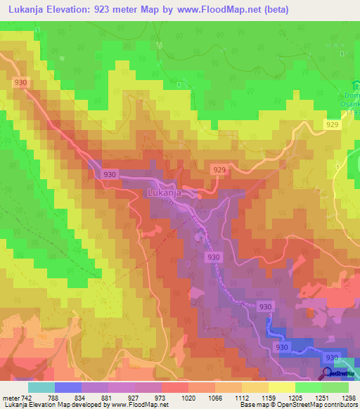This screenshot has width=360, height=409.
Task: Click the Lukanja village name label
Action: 166,191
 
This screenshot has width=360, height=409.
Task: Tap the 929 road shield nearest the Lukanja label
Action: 219,170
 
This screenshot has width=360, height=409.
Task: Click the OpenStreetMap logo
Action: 340,375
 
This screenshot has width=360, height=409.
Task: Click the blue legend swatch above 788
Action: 67,387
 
